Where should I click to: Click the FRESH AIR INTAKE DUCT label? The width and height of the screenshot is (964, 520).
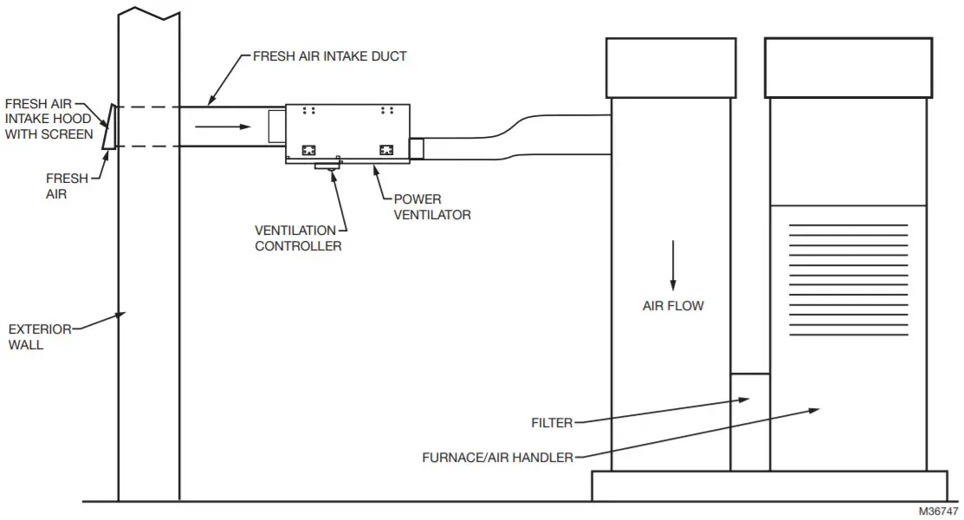pos(329,56)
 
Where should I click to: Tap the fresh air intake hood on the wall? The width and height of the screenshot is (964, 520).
pos(107,127)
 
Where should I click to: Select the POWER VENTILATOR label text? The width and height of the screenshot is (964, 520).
pos(431,207)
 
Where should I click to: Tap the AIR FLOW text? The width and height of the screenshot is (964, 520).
pos(672,306)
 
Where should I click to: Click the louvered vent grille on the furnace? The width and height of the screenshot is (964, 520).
pos(848,280)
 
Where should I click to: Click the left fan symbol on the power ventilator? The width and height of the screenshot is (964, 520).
pos(307,149)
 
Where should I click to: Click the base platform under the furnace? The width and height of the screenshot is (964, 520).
pos(769,485)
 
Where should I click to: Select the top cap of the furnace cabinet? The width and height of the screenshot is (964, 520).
pos(847,68)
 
